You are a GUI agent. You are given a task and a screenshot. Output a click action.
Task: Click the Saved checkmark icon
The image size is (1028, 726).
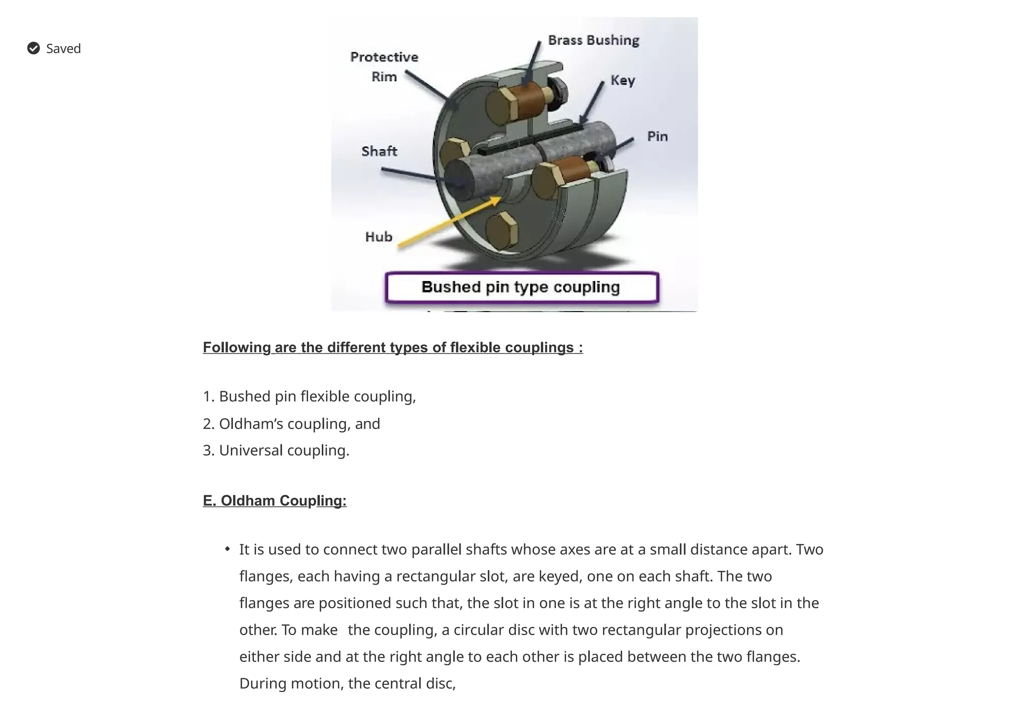pyautogui.click(x=34, y=48)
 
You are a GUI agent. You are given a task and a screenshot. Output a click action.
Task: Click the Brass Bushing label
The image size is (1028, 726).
pyautogui.click(x=593, y=40)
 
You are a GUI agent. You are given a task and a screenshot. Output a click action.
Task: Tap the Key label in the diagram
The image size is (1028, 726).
pyautogui.click(x=622, y=80)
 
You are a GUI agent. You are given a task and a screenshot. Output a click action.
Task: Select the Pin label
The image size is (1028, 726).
pyautogui.click(x=657, y=136)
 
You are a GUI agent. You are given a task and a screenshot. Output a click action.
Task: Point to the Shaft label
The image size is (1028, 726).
pyautogui.click(x=379, y=151)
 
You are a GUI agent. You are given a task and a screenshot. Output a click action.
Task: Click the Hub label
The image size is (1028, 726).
pyautogui.click(x=378, y=237)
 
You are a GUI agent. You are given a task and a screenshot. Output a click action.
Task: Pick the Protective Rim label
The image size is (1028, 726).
pyautogui.click(x=384, y=67)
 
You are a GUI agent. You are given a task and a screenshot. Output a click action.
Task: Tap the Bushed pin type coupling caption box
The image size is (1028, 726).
pyautogui.click(x=522, y=287)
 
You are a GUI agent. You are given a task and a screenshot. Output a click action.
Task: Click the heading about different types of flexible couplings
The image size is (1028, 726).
pyautogui.click(x=393, y=347)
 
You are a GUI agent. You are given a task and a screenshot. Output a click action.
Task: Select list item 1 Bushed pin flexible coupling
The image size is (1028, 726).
pyautogui.click(x=309, y=396)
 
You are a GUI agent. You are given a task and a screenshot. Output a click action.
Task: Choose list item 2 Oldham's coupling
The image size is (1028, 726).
pyautogui.click(x=291, y=424)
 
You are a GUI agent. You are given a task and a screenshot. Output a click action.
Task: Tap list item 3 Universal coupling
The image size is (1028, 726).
pyautogui.click(x=276, y=451)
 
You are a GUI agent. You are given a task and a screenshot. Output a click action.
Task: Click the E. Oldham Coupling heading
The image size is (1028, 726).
pyautogui.click(x=275, y=501)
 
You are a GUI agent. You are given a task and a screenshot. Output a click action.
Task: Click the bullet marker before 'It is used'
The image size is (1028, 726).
pyautogui.click(x=227, y=549)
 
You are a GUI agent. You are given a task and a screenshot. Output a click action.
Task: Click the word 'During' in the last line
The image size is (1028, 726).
pyautogui.click(x=263, y=683)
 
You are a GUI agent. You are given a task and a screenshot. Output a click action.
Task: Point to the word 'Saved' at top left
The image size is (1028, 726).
pyautogui.click(x=63, y=49)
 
